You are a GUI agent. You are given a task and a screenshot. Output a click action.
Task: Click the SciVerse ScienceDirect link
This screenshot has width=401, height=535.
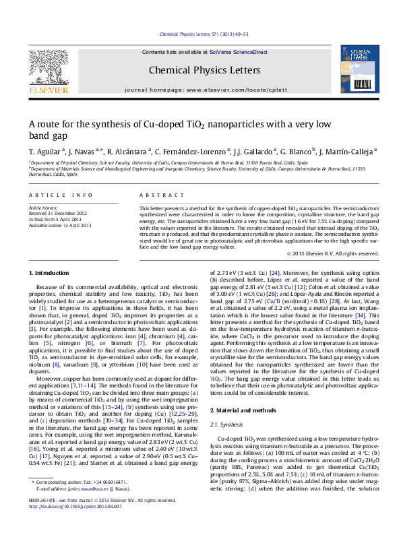(238, 52)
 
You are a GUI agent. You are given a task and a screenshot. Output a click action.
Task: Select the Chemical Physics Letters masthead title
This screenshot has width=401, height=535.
(204, 70)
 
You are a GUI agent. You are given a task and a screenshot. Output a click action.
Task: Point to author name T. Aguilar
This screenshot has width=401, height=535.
(46, 152)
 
